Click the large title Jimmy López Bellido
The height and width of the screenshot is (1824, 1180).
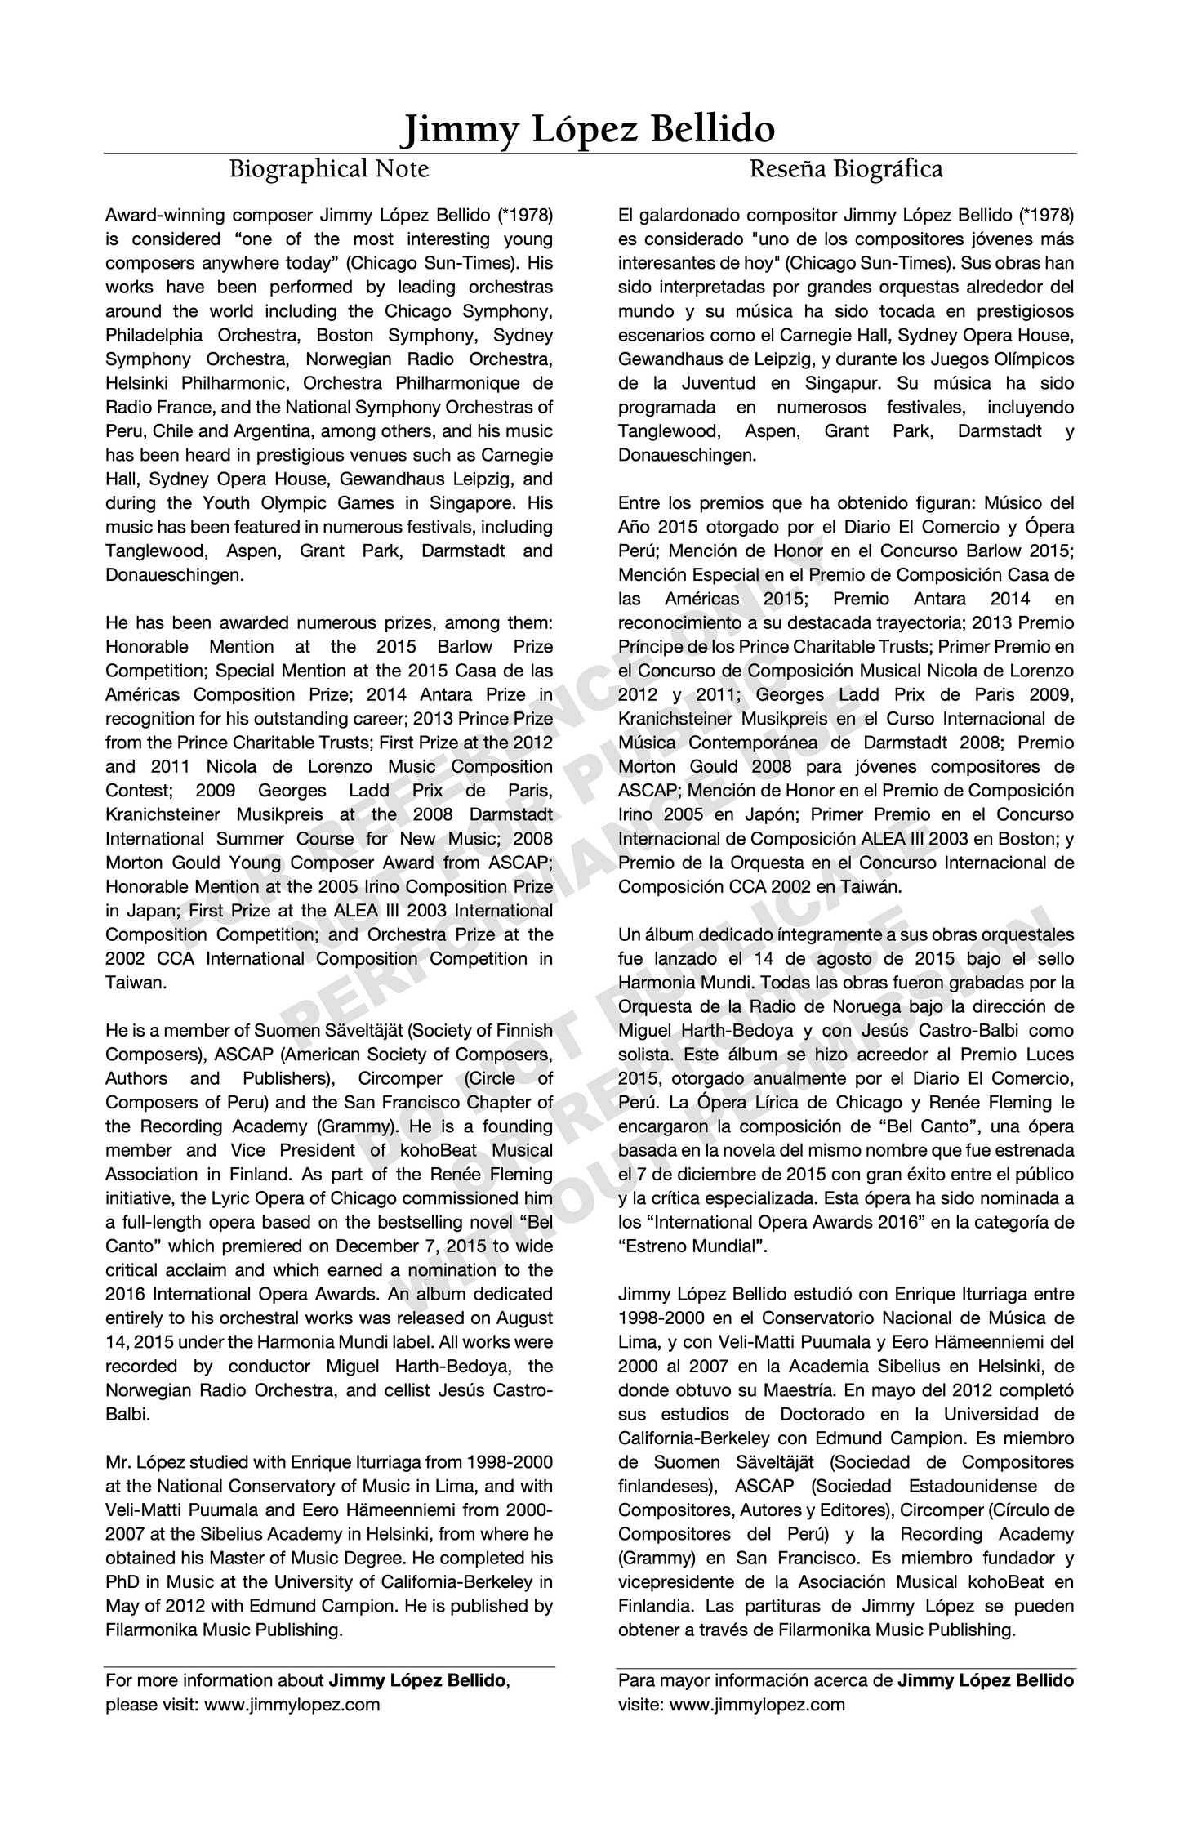pos(590,129)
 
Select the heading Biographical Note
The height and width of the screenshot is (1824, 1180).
pos(328,169)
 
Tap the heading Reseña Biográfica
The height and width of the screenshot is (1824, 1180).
pos(846,169)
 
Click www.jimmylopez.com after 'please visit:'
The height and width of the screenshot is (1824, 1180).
pos(292,1705)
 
